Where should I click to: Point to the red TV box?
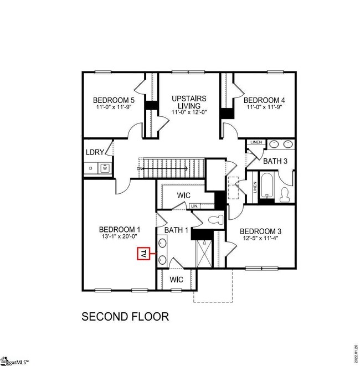click(x=143, y=254)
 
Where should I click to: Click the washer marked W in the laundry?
click(x=104, y=168)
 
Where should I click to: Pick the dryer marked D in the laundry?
click(x=90, y=168)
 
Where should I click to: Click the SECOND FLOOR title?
click(x=125, y=317)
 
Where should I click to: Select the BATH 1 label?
click(x=176, y=230)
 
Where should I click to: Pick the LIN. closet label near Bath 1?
click(x=194, y=207)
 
